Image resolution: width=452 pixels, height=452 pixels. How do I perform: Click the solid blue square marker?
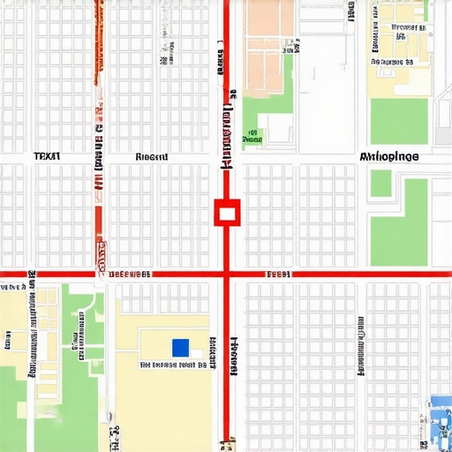click(x=180, y=347)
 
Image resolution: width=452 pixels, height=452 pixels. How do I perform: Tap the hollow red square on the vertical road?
click(x=227, y=212)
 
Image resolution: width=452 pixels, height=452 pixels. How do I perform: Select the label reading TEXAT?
click(x=47, y=156)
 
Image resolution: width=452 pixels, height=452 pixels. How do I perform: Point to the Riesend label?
click(x=152, y=157)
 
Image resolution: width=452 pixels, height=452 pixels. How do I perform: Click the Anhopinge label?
click(x=390, y=157)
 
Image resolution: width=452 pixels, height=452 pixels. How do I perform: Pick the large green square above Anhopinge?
click(x=398, y=121)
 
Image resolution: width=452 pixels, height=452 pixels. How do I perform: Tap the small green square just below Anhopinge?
click(x=380, y=183)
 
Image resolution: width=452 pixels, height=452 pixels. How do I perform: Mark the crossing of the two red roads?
click(x=227, y=275)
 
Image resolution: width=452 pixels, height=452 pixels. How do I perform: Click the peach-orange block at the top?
click(x=268, y=44)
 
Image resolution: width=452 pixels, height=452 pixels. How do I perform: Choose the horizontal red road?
click(x=353, y=275)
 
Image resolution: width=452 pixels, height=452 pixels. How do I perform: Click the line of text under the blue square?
click(x=173, y=364)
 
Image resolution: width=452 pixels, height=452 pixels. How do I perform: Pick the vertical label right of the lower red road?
click(x=235, y=357)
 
